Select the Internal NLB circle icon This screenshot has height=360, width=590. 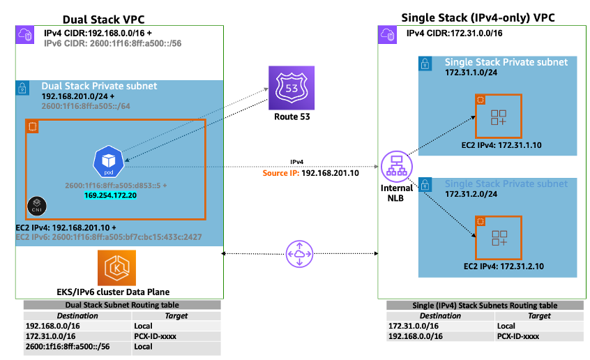(x=397, y=166)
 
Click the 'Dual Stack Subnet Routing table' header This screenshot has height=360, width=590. (x=121, y=305)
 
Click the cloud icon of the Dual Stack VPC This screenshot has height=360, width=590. (x=25, y=35)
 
